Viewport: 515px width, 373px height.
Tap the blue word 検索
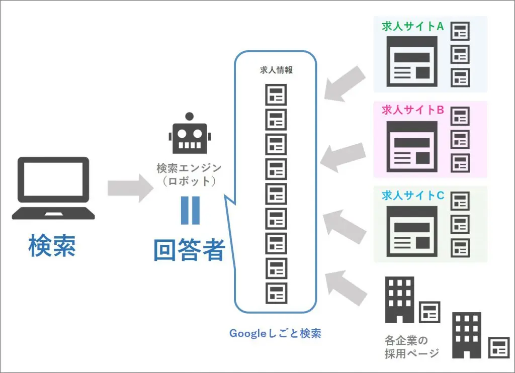52,245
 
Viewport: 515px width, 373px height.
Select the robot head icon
189,134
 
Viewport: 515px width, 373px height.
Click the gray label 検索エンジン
189,167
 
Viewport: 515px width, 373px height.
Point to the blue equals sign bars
190,210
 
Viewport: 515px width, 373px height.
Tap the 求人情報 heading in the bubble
276,70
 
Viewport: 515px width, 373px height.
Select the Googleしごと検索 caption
275,333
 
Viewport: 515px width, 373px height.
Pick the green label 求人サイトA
412,26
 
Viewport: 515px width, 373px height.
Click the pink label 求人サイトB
412,110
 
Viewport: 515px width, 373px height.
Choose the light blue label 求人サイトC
412,195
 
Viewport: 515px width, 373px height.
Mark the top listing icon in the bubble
276,95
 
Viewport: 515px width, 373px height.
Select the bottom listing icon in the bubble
276,293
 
